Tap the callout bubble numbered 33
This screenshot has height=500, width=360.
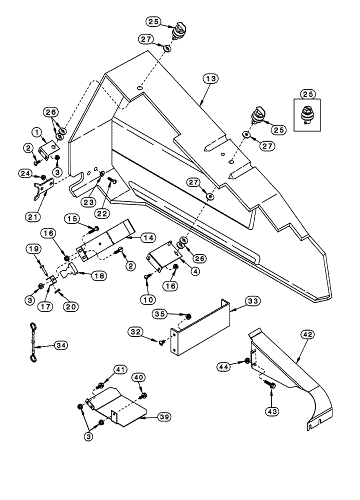click(x=252, y=301)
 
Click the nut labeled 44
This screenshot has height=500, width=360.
click(x=247, y=360)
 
